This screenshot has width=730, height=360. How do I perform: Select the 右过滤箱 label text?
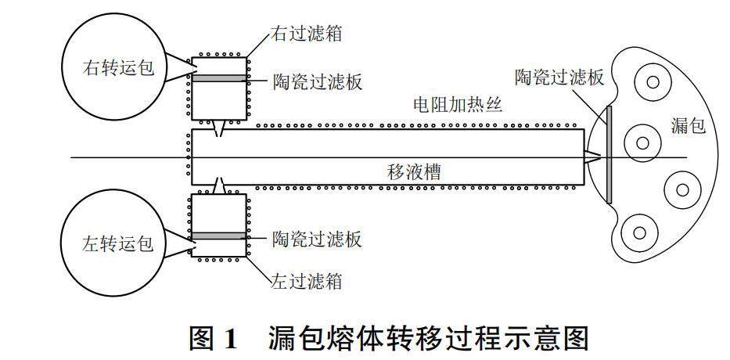[x=307, y=34]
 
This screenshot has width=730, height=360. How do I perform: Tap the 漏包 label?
[x=689, y=125]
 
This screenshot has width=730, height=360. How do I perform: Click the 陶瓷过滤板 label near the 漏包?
[x=559, y=77]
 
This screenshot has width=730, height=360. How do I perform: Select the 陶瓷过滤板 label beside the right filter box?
[x=318, y=81]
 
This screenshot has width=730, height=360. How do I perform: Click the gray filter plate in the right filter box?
[x=219, y=79]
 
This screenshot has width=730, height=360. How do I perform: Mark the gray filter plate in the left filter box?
[x=219, y=236]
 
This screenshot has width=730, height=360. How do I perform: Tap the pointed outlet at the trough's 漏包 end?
[x=594, y=158]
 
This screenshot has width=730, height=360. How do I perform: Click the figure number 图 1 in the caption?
[x=213, y=337]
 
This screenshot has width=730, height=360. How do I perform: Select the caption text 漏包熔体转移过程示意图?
[x=426, y=337]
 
